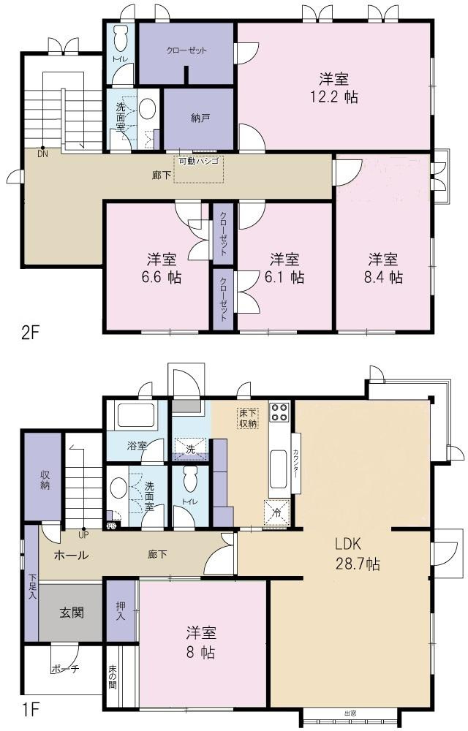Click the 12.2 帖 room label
pyautogui.click(x=333, y=88)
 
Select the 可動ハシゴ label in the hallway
pyautogui.click(x=197, y=160)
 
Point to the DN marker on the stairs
pyautogui.click(x=43, y=154)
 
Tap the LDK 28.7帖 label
pyautogui.click(x=358, y=554)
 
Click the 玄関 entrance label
pyautogui.click(x=71, y=611)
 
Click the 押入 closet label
pyautogui.click(x=121, y=610)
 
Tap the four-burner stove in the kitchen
pyautogui.click(x=279, y=414)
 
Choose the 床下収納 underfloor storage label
pyautogui.click(x=248, y=418)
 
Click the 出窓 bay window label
pyautogui.click(x=350, y=713)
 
